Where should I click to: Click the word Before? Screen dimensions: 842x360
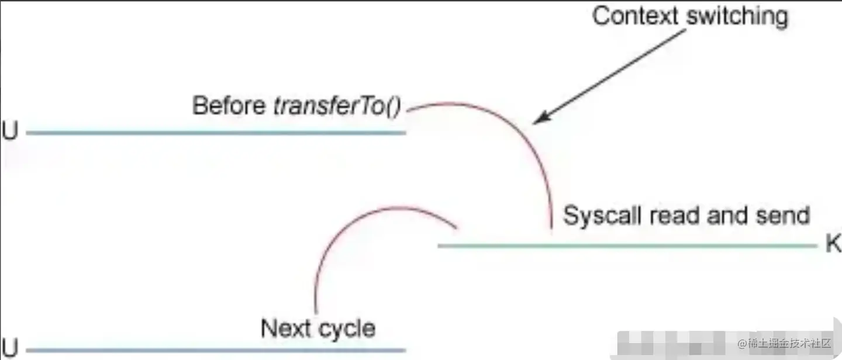pyautogui.click(x=230, y=106)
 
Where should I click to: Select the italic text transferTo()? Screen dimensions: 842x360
pyautogui.click(x=337, y=107)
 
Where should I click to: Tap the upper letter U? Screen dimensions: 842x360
pyautogui.click(x=10, y=132)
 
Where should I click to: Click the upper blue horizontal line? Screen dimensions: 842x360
pyautogui.click(x=216, y=133)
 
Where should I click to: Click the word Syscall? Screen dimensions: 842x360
pyautogui.click(x=602, y=216)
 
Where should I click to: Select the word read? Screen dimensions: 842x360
pyautogui.click(x=675, y=216)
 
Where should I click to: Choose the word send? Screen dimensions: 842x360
pyautogui.click(x=784, y=216)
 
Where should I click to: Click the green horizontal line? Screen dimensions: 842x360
pyautogui.click(x=626, y=245)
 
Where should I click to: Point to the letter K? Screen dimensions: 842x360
pyautogui.click(x=833, y=245)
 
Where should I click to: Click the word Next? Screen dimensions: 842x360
pyautogui.click(x=285, y=328)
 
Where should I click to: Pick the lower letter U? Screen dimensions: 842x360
pyautogui.click(x=10, y=349)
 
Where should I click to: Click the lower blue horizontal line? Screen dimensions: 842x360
pyautogui.click(x=216, y=351)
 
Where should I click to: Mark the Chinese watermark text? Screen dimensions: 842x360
pyautogui.click(x=784, y=342)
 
